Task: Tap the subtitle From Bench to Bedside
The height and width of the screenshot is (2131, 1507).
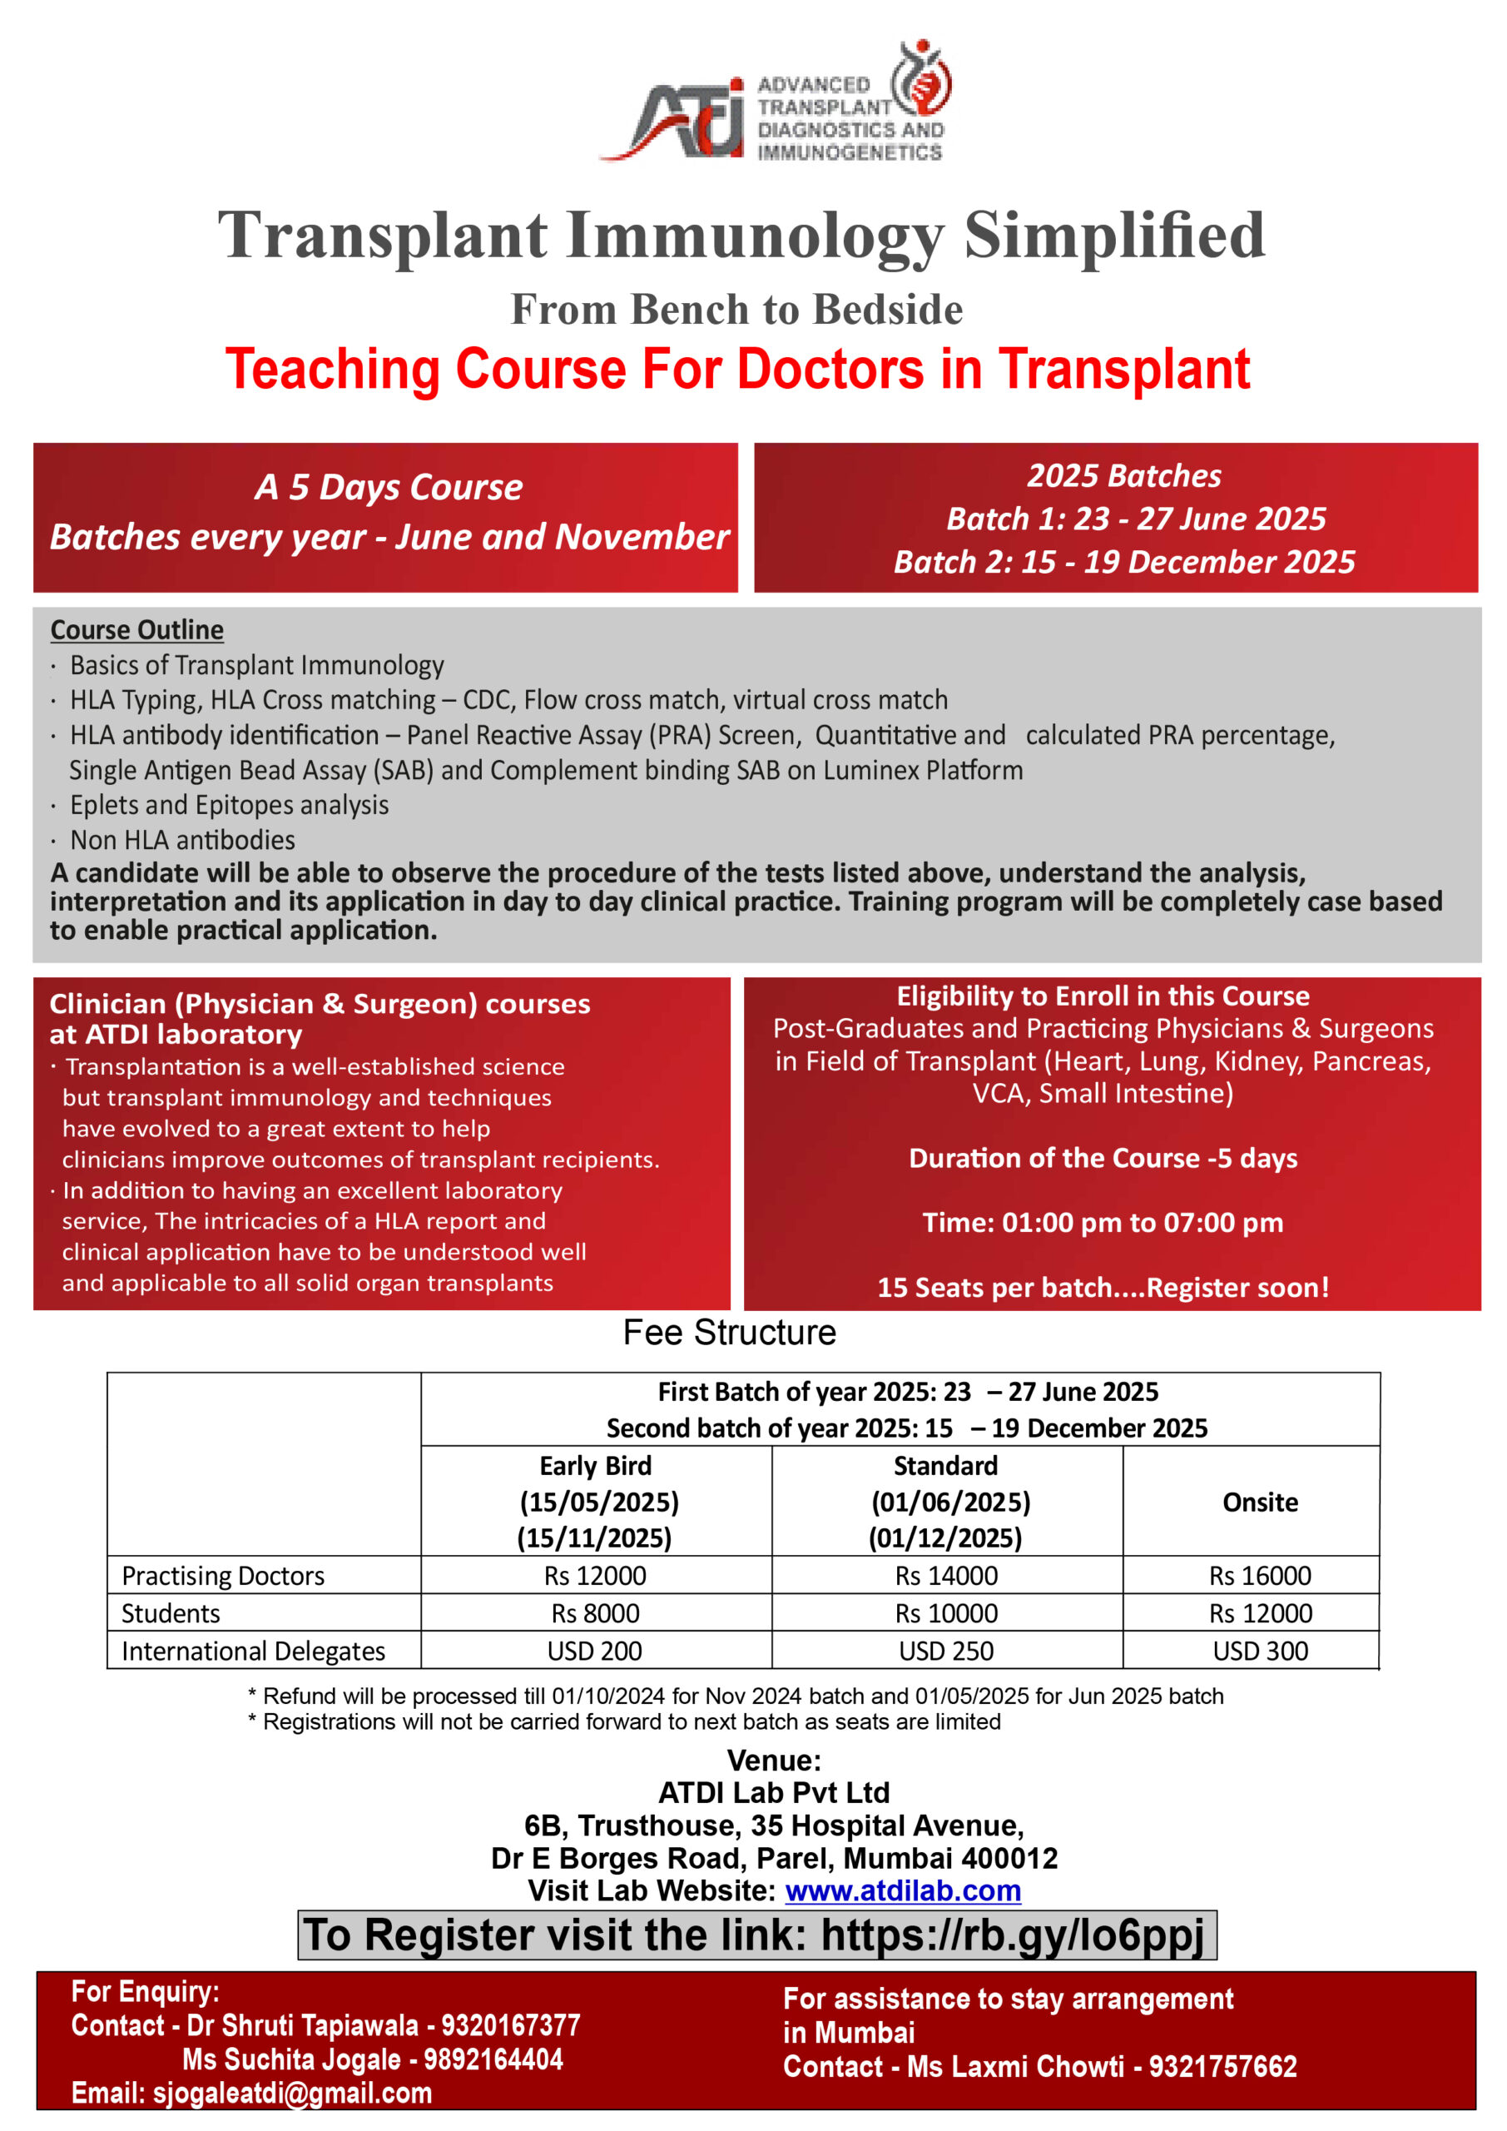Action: coord(736,310)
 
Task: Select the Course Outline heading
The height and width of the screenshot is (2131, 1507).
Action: coord(136,630)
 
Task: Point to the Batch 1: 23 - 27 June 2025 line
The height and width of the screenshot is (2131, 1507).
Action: coord(1135,519)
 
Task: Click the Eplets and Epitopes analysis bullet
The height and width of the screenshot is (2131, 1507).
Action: coord(229,805)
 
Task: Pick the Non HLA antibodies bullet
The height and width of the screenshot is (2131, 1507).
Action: coord(183,840)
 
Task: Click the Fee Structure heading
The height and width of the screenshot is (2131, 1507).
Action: coord(730,1333)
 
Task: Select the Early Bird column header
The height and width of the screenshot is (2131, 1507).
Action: coord(596,1467)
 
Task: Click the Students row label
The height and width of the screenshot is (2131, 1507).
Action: coord(171,1613)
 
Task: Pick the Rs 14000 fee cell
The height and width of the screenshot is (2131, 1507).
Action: coord(945,1576)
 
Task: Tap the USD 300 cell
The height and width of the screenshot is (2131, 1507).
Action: coord(1259,1652)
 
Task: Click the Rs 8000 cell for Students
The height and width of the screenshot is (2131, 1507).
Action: coord(595,1613)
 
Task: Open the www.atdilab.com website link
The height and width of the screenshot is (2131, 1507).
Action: coord(902,1890)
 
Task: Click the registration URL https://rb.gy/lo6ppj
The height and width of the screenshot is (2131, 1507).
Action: coord(1013,1936)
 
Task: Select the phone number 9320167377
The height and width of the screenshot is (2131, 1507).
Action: coord(510,2025)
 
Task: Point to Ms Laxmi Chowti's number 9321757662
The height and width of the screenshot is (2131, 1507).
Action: coord(1222,2066)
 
